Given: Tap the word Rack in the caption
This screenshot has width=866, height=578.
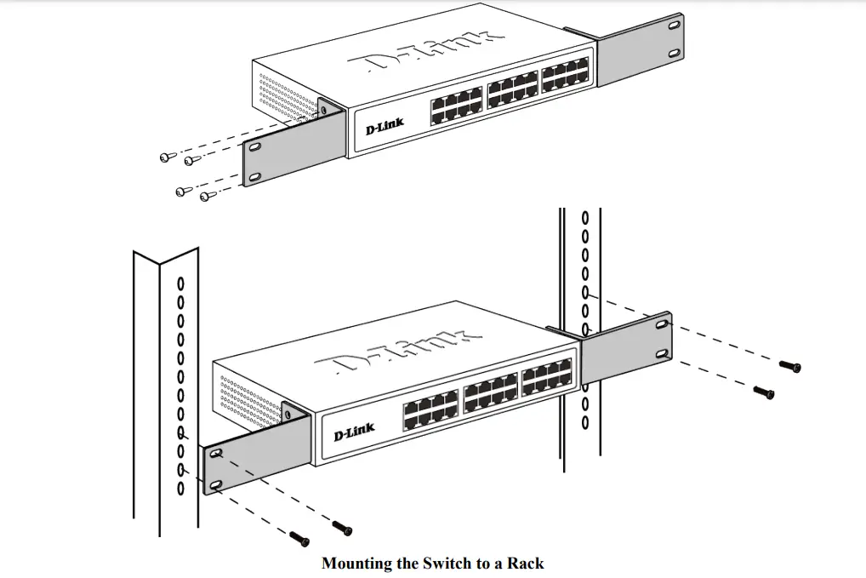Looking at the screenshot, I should (526, 563).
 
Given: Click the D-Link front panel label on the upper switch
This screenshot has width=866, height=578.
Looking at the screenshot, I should (385, 128).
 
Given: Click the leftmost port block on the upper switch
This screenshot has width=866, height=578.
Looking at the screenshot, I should (457, 106).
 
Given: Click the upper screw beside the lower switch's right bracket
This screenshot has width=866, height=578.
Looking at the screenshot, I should (791, 367).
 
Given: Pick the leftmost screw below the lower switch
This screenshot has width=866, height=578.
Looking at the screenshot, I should (299, 537).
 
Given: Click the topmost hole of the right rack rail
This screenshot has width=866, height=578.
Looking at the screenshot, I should (584, 218).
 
